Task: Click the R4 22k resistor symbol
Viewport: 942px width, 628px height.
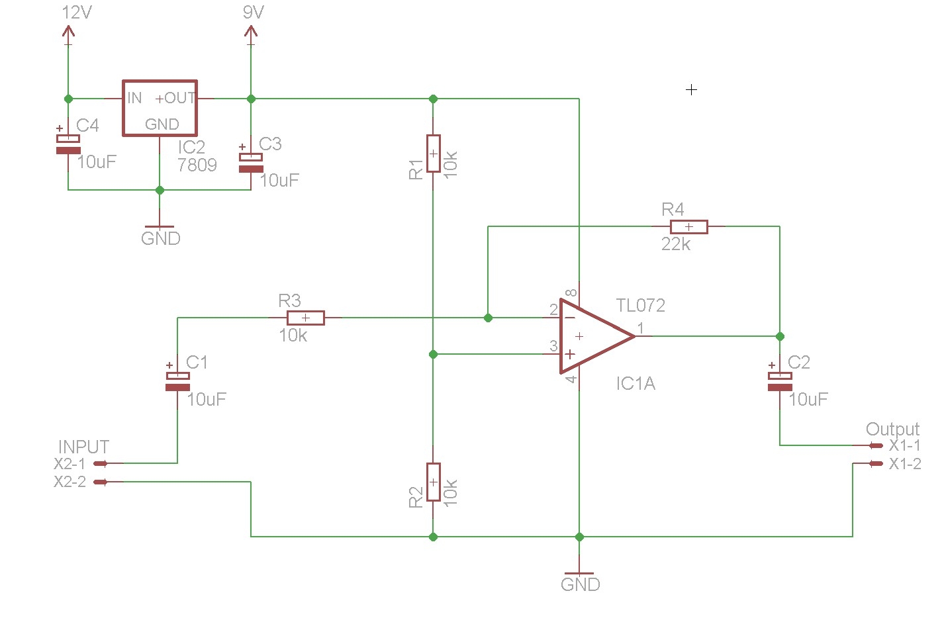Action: click(x=688, y=227)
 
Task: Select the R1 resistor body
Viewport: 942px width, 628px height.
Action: click(x=433, y=154)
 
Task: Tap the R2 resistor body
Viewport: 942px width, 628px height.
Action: click(x=433, y=482)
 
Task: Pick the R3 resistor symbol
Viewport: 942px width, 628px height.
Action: click(x=305, y=318)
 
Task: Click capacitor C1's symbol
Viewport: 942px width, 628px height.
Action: click(x=177, y=381)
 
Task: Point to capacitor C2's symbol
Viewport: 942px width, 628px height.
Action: click(x=779, y=381)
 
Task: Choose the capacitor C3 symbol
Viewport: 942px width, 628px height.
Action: click(x=251, y=163)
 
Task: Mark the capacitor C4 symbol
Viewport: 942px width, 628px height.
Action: click(x=68, y=144)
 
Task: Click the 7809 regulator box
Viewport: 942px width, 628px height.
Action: click(x=160, y=108)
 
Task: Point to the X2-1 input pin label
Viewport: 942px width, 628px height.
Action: click(x=70, y=464)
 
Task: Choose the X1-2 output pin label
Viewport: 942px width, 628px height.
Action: click(x=905, y=464)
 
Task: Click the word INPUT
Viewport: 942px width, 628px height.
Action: click(x=83, y=447)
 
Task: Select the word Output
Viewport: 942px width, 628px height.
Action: click(x=892, y=429)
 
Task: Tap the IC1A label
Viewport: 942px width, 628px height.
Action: click(x=636, y=384)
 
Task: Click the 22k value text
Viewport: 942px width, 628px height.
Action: click(x=675, y=245)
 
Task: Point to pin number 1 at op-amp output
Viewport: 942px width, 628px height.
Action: click(x=640, y=328)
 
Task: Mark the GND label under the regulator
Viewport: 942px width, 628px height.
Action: click(x=161, y=238)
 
